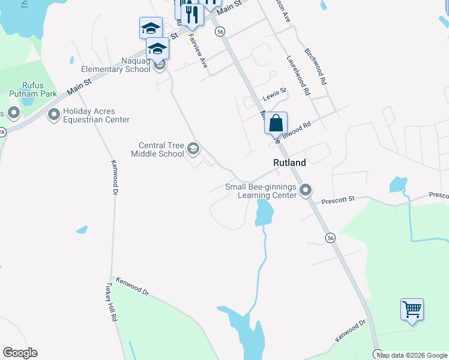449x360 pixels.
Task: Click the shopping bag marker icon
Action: pyautogui.click(x=276, y=124)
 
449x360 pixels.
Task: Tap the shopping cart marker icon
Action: pyautogui.click(x=412, y=310)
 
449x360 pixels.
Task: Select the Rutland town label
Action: pyautogui.click(x=289, y=163)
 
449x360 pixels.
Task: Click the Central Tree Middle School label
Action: pyautogui.click(x=161, y=149)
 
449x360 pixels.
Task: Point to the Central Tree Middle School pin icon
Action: pyautogui.click(x=193, y=148)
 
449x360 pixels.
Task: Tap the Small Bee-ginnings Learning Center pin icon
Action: pyautogui.click(x=306, y=191)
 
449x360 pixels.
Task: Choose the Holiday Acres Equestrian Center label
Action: pyautogui.click(x=96, y=115)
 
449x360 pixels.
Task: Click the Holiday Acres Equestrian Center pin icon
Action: pyautogui.click(x=54, y=114)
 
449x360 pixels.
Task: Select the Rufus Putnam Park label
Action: pyautogui.click(x=32, y=89)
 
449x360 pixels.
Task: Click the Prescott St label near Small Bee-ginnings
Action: pyautogui.click(x=339, y=200)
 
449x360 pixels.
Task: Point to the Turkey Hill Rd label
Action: pyautogui.click(x=112, y=302)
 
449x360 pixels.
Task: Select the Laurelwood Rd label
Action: pyautogui.click(x=298, y=76)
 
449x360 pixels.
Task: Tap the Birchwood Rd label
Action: pyautogui.click(x=315, y=66)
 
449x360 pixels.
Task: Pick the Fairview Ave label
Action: pyautogui.click(x=197, y=49)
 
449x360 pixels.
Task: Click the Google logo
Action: pyautogui.click(x=20, y=353)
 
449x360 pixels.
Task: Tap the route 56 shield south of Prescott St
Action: pyautogui.click(x=331, y=238)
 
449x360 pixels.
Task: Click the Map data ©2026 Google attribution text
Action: pyautogui.click(x=412, y=355)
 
